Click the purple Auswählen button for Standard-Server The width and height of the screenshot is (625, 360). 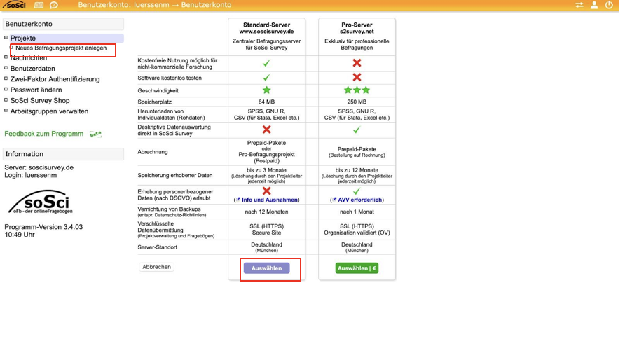pos(266,268)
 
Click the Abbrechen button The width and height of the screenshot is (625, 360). pos(157,267)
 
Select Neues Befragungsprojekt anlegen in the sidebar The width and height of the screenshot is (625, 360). pos(61,48)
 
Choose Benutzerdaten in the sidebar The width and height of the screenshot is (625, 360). pos(33,69)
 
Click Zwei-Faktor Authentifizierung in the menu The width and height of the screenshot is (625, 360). pos(55,79)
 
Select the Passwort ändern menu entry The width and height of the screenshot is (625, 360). pos(36,90)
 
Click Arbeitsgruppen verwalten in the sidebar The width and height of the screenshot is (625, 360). pos(49,111)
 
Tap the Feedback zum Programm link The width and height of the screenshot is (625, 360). pos(44,134)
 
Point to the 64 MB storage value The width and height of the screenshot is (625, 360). pos(266,102)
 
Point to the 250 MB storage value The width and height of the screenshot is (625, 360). pos(357,102)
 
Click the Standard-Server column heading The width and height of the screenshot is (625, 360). pos(266,25)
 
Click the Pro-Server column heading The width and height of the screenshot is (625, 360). pos(357,25)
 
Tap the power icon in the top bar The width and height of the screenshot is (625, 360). pos(609,5)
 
